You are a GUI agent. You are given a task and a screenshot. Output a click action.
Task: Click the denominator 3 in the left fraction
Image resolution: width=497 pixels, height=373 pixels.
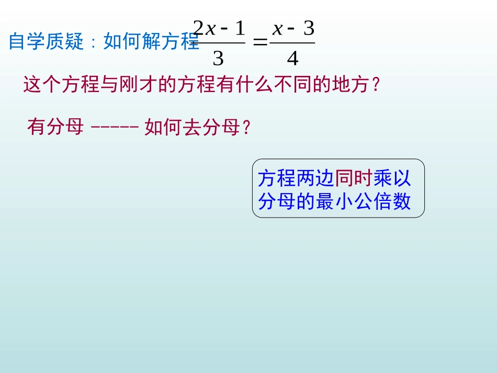click(218, 59)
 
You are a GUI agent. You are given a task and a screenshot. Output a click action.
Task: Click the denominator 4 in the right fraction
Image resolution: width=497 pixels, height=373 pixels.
click(292, 59)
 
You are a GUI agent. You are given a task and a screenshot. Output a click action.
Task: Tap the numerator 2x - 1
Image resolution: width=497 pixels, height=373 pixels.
click(219, 28)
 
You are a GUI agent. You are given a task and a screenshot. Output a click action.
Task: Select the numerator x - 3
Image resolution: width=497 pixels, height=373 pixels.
click(293, 28)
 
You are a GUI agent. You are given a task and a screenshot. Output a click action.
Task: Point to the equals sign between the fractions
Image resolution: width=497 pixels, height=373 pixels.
click(259, 43)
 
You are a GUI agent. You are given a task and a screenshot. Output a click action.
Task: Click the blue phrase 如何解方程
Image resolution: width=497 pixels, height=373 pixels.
click(151, 41)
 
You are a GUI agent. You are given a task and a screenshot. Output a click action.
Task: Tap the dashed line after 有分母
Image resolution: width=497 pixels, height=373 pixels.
click(115, 127)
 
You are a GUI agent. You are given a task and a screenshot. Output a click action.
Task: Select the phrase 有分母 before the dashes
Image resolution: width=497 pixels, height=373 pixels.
click(55, 127)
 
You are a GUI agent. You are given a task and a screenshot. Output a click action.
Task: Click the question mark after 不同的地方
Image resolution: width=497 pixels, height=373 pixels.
click(375, 85)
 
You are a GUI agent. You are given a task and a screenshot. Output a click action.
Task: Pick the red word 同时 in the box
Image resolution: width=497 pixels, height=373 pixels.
click(354, 179)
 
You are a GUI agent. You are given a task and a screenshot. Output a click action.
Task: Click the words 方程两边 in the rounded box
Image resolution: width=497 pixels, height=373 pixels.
click(296, 179)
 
